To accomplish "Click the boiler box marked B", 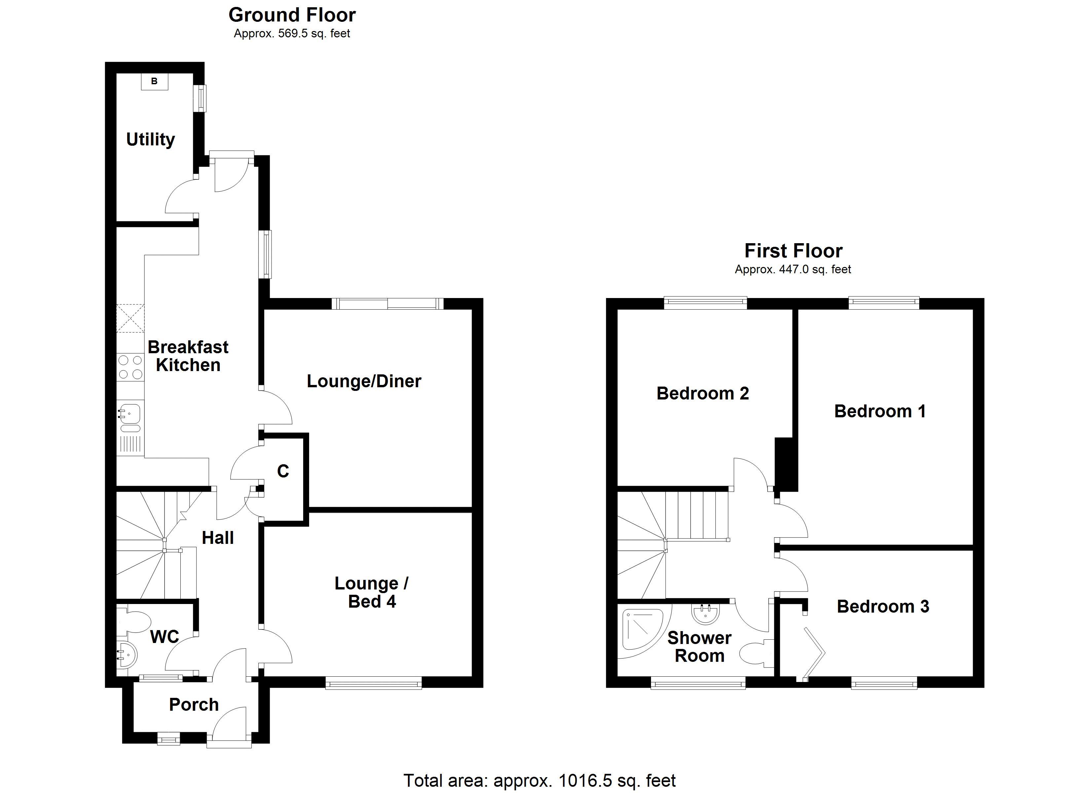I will coord(154,81).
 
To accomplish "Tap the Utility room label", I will coord(150,139).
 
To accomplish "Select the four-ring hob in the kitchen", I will coord(130,366).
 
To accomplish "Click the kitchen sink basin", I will coord(130,412).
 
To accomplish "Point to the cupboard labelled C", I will coord(283,471).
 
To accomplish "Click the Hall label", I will coord(218,538).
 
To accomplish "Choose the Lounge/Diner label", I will coord(364,381).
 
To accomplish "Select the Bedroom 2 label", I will coord(703,394).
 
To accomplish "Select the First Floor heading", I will coord(793,251).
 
